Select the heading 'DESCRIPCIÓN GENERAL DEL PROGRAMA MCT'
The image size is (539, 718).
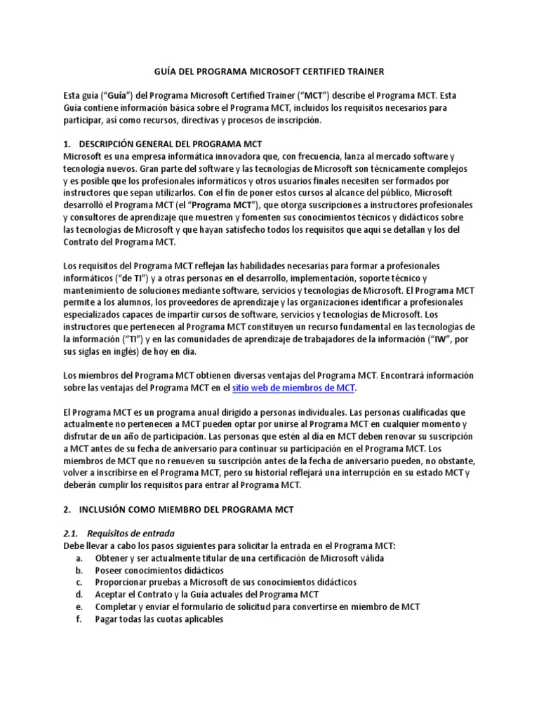[171, 144]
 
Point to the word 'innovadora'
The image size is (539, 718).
[222, 155]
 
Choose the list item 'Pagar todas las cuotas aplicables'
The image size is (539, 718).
[159, 619]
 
